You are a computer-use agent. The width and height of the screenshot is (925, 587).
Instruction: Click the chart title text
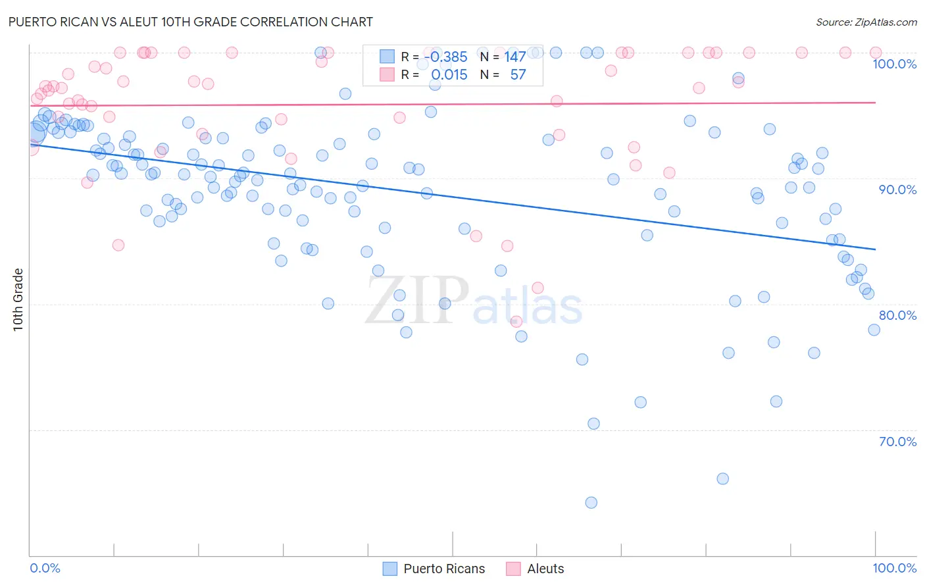coord(191,22)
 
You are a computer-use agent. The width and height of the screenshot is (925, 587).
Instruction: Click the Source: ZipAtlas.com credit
coord(866,22)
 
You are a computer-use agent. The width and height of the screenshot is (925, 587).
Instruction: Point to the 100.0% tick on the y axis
coord(894,64)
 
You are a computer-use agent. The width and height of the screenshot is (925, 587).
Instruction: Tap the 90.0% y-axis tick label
coord(897,190)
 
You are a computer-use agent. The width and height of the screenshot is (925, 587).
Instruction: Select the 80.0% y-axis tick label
coord(897,315)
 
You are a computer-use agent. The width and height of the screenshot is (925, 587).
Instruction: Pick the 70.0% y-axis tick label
coord(897,442)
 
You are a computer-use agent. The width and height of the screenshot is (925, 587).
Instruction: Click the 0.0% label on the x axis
coord(45,568)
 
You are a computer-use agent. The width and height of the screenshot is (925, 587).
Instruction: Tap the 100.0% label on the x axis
coord(894,568)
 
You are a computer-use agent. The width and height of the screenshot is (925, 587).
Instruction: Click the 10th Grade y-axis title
coord(18,299)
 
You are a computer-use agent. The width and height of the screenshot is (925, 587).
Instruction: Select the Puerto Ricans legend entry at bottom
coord(434,569)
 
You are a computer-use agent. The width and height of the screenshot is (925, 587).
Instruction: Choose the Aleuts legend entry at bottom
coord(536,569)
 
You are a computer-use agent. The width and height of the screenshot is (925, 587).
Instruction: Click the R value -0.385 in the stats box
coord(445,57)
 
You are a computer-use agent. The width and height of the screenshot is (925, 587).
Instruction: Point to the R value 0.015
coord(449,75)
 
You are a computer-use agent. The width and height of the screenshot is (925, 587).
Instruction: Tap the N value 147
coord(514,57)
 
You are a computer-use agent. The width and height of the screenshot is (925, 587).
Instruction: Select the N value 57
coord(518,75)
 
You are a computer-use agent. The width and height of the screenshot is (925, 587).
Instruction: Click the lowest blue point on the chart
coord(591,503)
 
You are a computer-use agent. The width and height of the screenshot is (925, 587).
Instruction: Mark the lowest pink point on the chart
coord(516,321)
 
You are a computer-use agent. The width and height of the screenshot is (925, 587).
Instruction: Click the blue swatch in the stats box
coord(387,57)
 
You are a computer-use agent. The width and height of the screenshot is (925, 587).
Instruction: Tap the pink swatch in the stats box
coord(387,74)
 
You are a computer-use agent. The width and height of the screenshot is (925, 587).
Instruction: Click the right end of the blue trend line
coord(875,249)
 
